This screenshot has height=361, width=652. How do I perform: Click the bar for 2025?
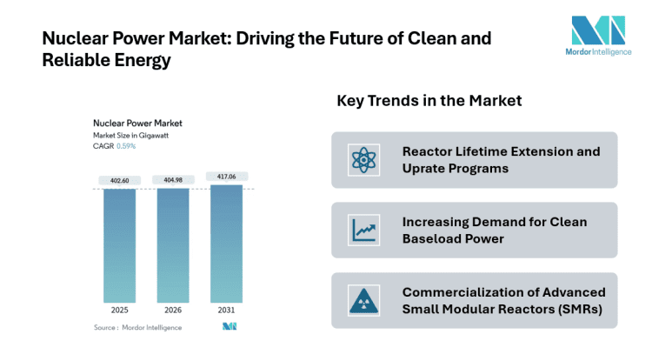119,246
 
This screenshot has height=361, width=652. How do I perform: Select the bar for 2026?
172,246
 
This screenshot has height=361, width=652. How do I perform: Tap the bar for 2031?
225,244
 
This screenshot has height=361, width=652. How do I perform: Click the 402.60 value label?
119,180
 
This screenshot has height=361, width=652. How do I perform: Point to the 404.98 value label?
172,180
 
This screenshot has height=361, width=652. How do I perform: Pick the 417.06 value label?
225,176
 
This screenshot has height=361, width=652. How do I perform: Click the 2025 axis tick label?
119,310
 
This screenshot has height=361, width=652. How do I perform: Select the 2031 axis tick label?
225,310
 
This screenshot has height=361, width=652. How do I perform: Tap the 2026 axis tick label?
172,310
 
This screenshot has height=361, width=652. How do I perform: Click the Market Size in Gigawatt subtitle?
132,136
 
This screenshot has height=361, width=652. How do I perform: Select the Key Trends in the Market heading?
429,101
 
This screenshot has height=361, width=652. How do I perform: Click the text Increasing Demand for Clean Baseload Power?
494,230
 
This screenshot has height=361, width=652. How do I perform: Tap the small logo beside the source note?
230,327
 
